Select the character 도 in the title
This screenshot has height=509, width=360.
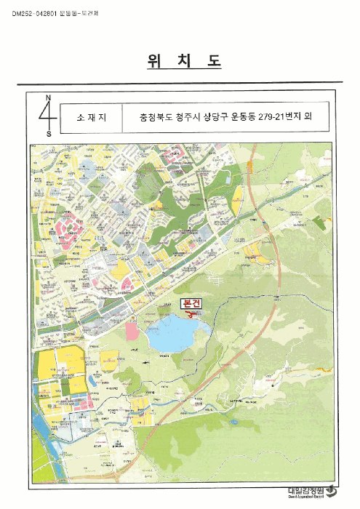[x=213, y=62]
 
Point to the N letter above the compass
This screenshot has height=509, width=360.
[x=48, y=97]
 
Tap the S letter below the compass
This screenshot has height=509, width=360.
[x=49, y=134]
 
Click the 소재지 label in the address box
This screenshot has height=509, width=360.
[x=89, y=116]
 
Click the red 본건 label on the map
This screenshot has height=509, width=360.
[x=188, y=305]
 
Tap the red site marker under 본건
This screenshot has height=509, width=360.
[x=191, y=315]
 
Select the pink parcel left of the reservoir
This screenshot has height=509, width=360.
[x=132, y=332]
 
